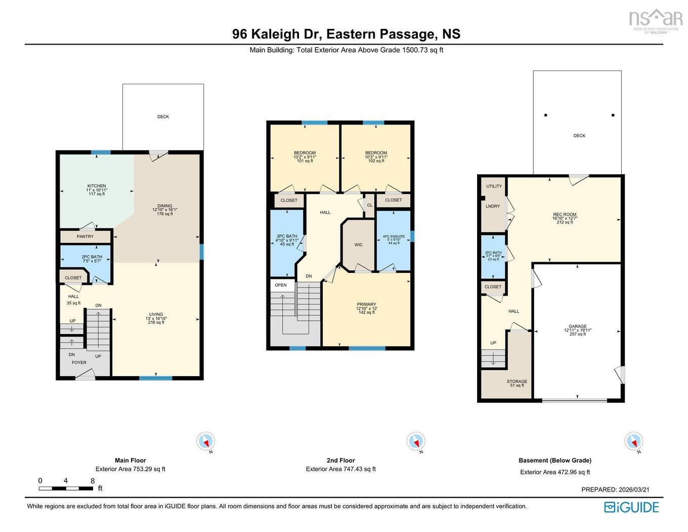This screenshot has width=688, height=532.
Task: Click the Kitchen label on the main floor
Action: [97, 186]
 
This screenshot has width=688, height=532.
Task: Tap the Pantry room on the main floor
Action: [85, 236]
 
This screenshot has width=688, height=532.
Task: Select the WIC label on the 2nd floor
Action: [358, 245]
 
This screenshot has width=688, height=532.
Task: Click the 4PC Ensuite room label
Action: [394, 236]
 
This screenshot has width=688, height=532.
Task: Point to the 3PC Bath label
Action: [287, 236]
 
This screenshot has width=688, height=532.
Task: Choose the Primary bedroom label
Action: [366, 305]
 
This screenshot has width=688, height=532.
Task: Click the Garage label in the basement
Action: [577, 326]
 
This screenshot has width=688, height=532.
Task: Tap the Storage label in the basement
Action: [517, 382]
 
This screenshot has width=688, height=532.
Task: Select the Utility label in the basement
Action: [494, 186]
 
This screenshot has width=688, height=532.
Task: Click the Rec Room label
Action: [565, 215]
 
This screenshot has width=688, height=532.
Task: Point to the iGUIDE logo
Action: [631, 507]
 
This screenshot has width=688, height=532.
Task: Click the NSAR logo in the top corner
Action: [656, 19]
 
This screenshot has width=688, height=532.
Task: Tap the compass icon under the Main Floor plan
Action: [205, 441]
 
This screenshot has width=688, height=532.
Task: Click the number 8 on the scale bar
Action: [93, 481]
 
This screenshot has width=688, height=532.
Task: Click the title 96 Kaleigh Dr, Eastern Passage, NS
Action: [346, 34]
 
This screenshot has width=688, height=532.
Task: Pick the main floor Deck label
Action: [163, 117]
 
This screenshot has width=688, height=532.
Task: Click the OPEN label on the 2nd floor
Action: [281, 285]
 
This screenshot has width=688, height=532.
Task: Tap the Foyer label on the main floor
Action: [79, 362]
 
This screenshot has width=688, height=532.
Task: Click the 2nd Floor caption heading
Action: [340, 460]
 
